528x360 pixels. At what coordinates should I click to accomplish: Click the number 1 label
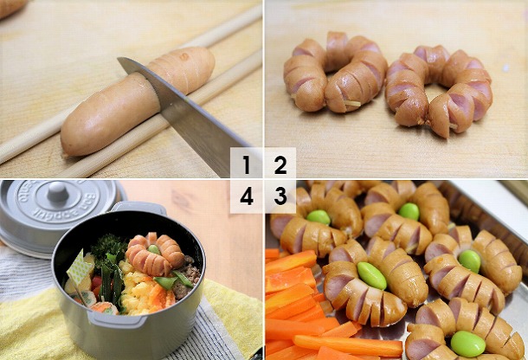point(246,164)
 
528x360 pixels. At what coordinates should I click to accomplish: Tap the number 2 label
point(280,164)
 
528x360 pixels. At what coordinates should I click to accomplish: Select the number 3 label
point(280,196)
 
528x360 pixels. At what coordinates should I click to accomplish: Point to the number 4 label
point(247,196)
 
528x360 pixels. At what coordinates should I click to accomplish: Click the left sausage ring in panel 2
point(335,73)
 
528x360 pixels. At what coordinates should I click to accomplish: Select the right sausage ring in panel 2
point(440,89)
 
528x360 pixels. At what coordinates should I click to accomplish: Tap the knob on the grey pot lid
point(58,191)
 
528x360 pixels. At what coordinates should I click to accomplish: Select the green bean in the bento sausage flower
point(154,249)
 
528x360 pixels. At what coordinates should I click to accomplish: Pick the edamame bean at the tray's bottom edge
point(467,344)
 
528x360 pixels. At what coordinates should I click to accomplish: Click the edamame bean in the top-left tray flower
point(319,217)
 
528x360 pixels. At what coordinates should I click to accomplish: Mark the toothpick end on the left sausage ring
point(352,103)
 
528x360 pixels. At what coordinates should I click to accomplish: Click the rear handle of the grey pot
point(138,208)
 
